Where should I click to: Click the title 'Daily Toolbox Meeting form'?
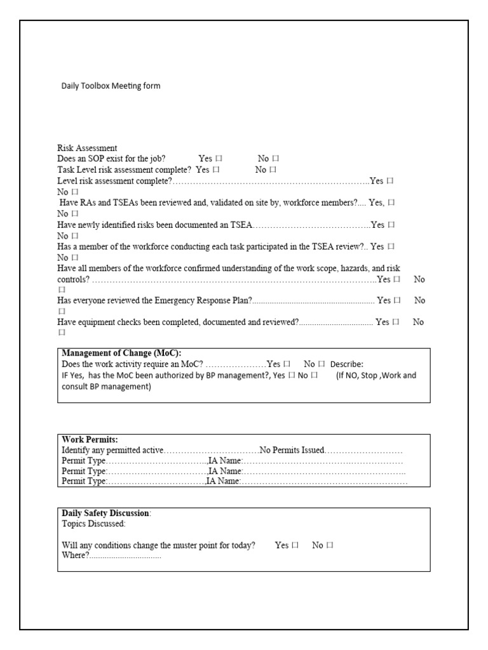111,86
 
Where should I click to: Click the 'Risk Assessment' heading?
87,148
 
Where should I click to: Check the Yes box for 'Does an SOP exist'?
219,159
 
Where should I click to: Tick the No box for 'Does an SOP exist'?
276,159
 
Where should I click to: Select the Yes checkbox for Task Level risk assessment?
217,170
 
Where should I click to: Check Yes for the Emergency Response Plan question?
397,300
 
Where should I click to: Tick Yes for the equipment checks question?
396,322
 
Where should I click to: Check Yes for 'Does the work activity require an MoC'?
287,364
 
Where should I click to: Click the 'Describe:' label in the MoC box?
346,364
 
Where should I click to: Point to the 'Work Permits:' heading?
90,439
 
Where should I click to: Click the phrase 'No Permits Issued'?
292,450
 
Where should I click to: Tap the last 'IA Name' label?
223,482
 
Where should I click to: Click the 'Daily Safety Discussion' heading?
105,513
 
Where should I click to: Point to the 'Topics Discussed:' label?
93,524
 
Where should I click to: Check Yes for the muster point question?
295,545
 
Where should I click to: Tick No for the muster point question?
330,545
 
